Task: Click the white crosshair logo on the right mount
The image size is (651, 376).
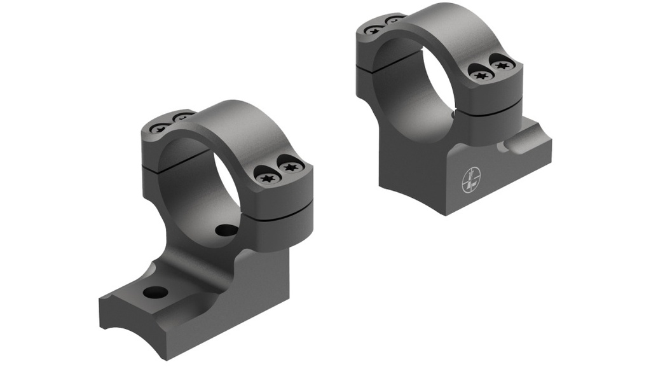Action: coord(471,180)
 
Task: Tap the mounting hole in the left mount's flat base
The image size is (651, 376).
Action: coord(156,293)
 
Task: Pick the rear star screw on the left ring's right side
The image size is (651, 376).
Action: coord(291,168)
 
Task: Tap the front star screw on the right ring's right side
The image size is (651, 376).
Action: coord(481,75)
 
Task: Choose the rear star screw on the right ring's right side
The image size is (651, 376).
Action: coord(502,65)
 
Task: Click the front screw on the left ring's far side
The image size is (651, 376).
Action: coord(160,128)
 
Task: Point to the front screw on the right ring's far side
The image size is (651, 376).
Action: coord(374,29)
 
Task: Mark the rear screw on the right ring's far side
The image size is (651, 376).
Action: coord(394,20)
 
